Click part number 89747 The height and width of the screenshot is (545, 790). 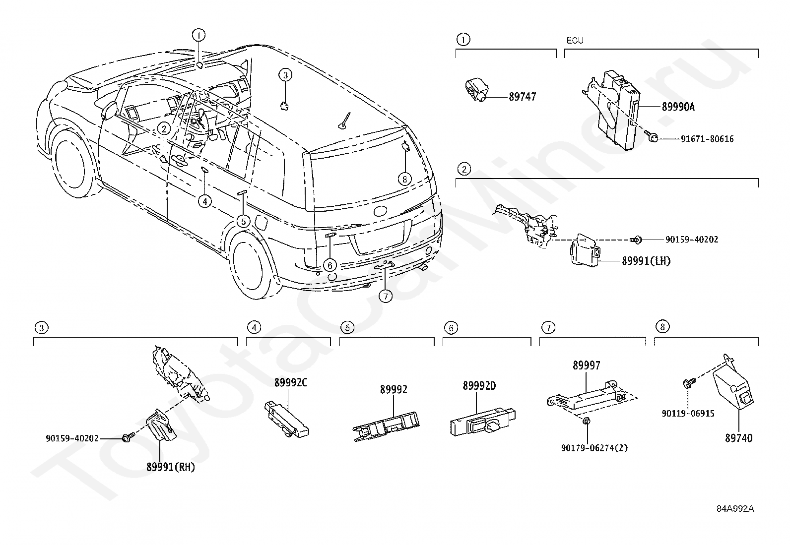[522, 97]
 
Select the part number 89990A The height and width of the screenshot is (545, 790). [678, 107]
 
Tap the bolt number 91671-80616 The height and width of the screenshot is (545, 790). [703, 139]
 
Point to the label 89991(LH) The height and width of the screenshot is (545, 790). [646, 261]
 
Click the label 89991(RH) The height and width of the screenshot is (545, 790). [170, 467]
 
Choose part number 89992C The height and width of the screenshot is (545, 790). [291, 382]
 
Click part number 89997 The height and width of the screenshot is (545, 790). [586, 365]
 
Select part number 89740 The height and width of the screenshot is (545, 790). [738, 438]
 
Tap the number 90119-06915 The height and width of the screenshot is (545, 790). [688, 414]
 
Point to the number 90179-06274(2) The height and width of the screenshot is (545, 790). [594, 448]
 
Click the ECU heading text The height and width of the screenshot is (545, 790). [575, 41]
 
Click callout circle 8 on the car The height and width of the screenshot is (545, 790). [404, 179]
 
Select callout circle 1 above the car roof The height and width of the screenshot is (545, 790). [198, 35]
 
